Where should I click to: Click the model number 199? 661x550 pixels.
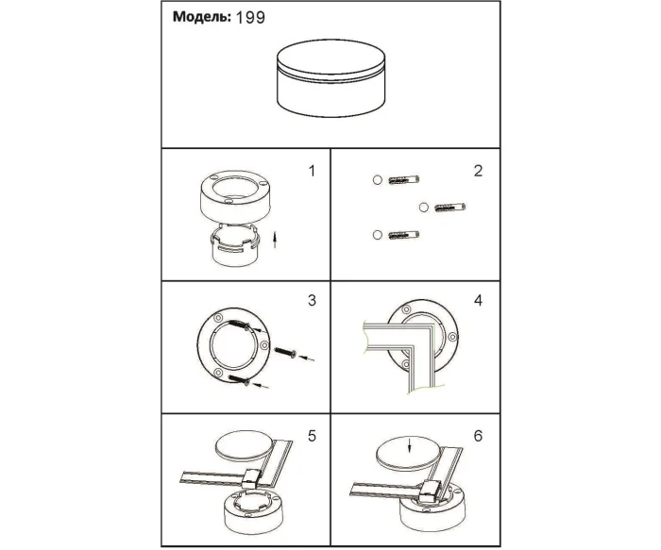250,18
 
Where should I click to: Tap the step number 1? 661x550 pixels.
312,172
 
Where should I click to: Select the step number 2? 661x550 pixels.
478,171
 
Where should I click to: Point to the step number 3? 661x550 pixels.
312,300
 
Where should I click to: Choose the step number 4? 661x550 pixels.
478,300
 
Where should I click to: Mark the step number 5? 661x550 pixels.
312,436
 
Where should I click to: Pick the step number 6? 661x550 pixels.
478,436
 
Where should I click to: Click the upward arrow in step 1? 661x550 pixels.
275,240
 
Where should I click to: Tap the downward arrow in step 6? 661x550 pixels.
409,446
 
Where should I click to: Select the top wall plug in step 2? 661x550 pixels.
403,180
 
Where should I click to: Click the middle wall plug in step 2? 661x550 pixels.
449,208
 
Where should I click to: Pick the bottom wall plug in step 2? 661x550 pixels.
403,235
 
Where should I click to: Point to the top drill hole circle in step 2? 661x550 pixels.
378,180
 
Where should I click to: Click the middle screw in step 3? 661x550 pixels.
286,353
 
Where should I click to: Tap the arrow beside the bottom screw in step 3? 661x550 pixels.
263,385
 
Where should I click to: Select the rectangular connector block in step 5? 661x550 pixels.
253,478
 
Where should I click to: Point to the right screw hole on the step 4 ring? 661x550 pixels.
452,337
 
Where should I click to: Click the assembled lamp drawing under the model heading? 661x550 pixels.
330,78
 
